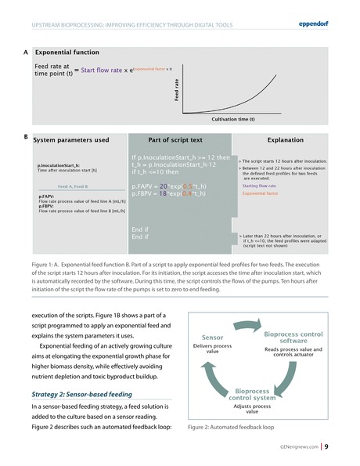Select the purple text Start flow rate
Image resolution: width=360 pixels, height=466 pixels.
point(103,70)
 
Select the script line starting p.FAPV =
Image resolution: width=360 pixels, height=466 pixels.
point(164,186)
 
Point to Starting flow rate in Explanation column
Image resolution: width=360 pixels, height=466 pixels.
point(260,186)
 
